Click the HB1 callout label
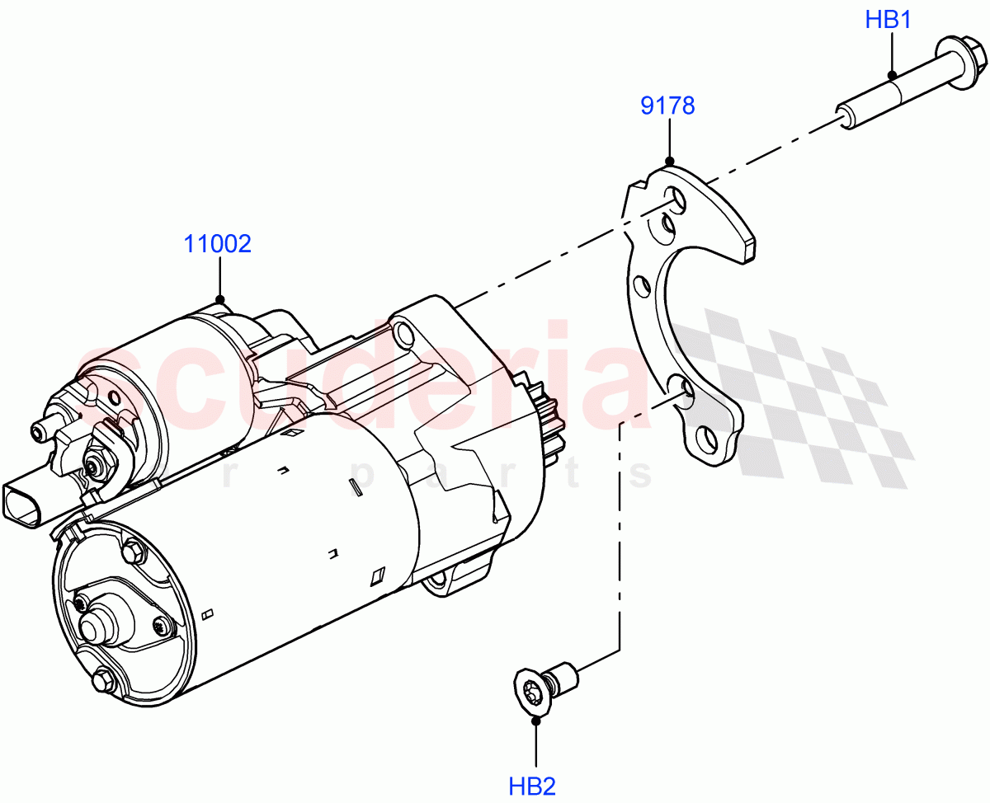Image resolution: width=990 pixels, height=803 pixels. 888,20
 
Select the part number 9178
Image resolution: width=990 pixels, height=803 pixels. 668,106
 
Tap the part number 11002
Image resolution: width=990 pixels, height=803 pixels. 217,244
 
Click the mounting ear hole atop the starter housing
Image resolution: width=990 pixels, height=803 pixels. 403,332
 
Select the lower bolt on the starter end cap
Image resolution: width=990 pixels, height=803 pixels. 102,681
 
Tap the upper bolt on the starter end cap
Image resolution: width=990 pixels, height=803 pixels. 131,551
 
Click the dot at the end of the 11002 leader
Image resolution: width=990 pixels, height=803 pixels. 219,299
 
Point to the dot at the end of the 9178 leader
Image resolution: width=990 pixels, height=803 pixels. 669,162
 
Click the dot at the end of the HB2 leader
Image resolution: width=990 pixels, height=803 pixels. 536,720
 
